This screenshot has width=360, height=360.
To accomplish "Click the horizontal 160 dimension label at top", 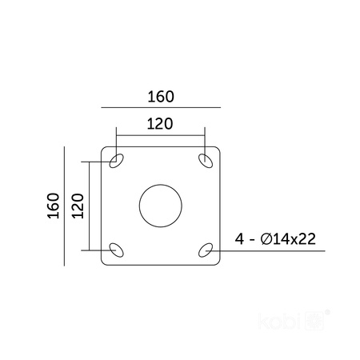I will [161, 97].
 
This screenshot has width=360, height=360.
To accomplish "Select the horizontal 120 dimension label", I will [161, 124].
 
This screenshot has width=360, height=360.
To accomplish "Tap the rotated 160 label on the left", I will [53, 206].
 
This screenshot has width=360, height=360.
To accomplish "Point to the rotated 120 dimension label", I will [78, 206].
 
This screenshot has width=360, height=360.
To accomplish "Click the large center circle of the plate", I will [161, 206].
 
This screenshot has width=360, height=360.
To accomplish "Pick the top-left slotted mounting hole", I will [117, 162].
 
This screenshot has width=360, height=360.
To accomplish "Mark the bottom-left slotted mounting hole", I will [117, 250].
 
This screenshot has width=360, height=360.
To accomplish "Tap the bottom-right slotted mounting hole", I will [206, 250].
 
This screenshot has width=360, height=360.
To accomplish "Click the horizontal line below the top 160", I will [161, 106].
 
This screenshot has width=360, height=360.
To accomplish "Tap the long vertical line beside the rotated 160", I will [63, 206].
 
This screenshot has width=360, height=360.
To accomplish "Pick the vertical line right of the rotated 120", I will [89, 205].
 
